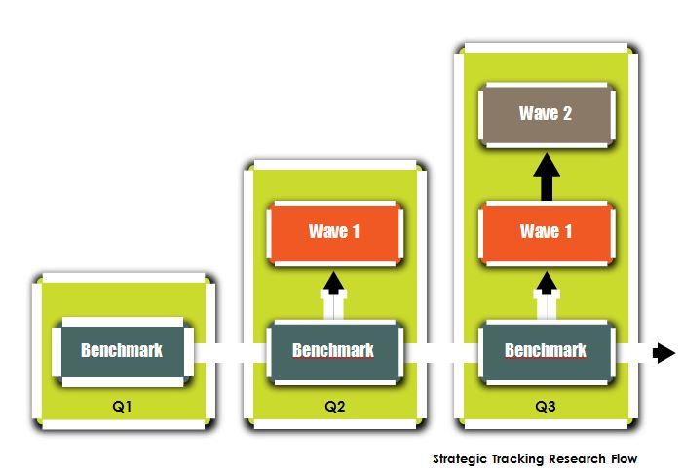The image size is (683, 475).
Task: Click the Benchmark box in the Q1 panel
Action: click(123, 352)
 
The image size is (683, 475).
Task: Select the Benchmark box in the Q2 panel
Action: click(334, 352)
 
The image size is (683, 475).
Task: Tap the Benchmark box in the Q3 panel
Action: click(547, 352)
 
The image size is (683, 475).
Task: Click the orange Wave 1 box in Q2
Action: click(334, 233)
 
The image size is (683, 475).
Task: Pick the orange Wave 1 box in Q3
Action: click(547, 233)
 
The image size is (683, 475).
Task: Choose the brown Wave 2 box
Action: click(547, 115)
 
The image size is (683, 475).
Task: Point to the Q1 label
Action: click(122, 407)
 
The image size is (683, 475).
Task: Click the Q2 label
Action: click(334, 407)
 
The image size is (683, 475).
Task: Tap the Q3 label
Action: click(546, 407)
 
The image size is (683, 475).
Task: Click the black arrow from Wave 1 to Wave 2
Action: click(547, 178)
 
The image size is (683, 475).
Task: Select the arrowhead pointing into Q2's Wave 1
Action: click(334, 283)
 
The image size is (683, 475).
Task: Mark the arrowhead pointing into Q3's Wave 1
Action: click(547, 283)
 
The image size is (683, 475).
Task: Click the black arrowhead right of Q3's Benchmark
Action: click(664, 352)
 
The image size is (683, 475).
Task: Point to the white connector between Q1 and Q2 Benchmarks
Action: click(230, 352)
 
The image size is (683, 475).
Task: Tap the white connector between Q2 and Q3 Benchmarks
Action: click(440, 352)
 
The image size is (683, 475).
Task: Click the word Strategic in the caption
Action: click(460, 459)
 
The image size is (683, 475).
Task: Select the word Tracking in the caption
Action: click(518, 459)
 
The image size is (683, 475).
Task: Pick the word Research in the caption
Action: click(577, 458)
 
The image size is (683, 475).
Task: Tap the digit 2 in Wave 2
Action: click(567, 114)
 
